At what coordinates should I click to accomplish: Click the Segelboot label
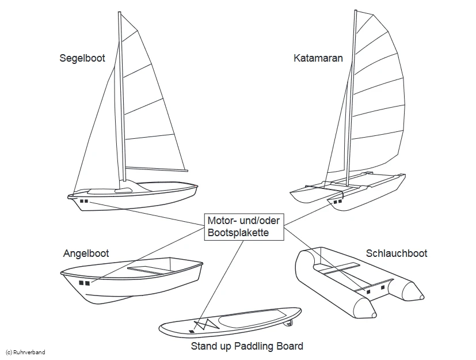click(82, 58)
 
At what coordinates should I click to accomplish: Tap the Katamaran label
click(318, 58)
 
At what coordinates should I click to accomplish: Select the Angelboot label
click(86, 253)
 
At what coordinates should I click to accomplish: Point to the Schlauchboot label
click(397, 253)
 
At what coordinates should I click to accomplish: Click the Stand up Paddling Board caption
click(247, 346)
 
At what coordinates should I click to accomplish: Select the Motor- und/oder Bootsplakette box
click(244, 227)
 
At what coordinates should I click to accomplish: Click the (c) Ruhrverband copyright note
click(25, 352)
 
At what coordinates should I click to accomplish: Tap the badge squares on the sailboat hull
click(84, 201)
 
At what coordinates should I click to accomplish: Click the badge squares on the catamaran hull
click(337, 202)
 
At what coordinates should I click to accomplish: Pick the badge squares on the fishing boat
click(84, 283)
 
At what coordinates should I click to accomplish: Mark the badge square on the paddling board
click(192, 332)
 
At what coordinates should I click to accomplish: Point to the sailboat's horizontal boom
click(157, 169)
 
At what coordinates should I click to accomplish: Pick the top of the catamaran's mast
click(355, 13)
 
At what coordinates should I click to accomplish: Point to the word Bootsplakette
click(238, 233)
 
